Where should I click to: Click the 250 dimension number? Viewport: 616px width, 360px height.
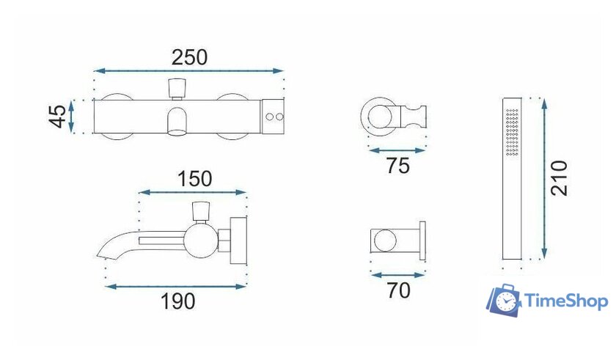189,57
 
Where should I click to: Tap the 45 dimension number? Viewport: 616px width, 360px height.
58,116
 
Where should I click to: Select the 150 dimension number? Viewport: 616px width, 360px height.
194,179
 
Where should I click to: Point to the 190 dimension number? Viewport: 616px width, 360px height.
178,301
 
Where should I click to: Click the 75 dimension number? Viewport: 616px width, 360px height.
398,165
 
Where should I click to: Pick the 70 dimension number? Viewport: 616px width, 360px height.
398,290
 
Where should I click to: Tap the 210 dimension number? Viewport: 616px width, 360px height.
559,178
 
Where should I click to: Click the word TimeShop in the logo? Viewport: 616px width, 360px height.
566,301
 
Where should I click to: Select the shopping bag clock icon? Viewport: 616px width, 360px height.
504,300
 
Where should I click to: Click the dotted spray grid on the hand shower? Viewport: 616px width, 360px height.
513,131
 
